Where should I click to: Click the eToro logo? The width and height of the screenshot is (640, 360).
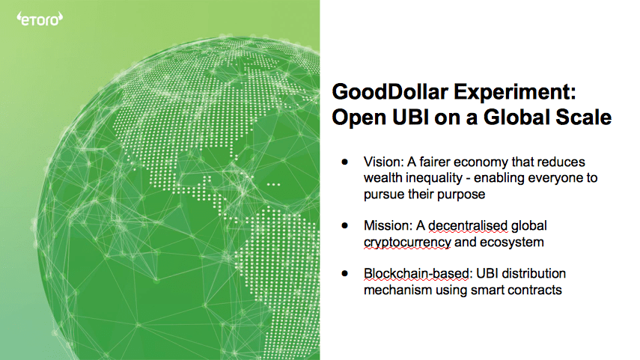(40, 19)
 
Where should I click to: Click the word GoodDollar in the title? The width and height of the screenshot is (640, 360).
(390, 91)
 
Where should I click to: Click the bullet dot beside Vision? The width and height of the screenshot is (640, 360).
(345, 162)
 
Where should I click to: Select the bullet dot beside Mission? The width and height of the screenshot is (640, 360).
(345, 225)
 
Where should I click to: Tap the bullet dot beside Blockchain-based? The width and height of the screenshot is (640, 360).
(345, 273)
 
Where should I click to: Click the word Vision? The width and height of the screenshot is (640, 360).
(384, 162)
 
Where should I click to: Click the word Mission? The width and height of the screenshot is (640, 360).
(388, 226)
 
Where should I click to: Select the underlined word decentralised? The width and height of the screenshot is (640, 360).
(468, 226)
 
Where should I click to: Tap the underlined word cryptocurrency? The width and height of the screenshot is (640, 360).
(407, 242)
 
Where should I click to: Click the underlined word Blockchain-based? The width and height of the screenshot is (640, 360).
(416, 273)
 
